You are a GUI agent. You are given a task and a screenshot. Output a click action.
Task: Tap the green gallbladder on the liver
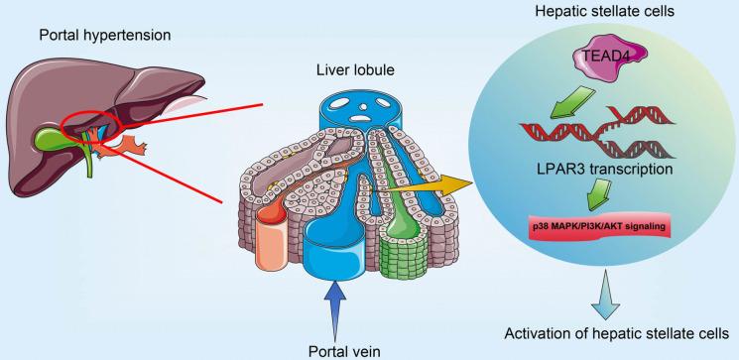(70, 138)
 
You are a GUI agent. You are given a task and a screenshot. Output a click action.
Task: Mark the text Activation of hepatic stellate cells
(606, 331)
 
